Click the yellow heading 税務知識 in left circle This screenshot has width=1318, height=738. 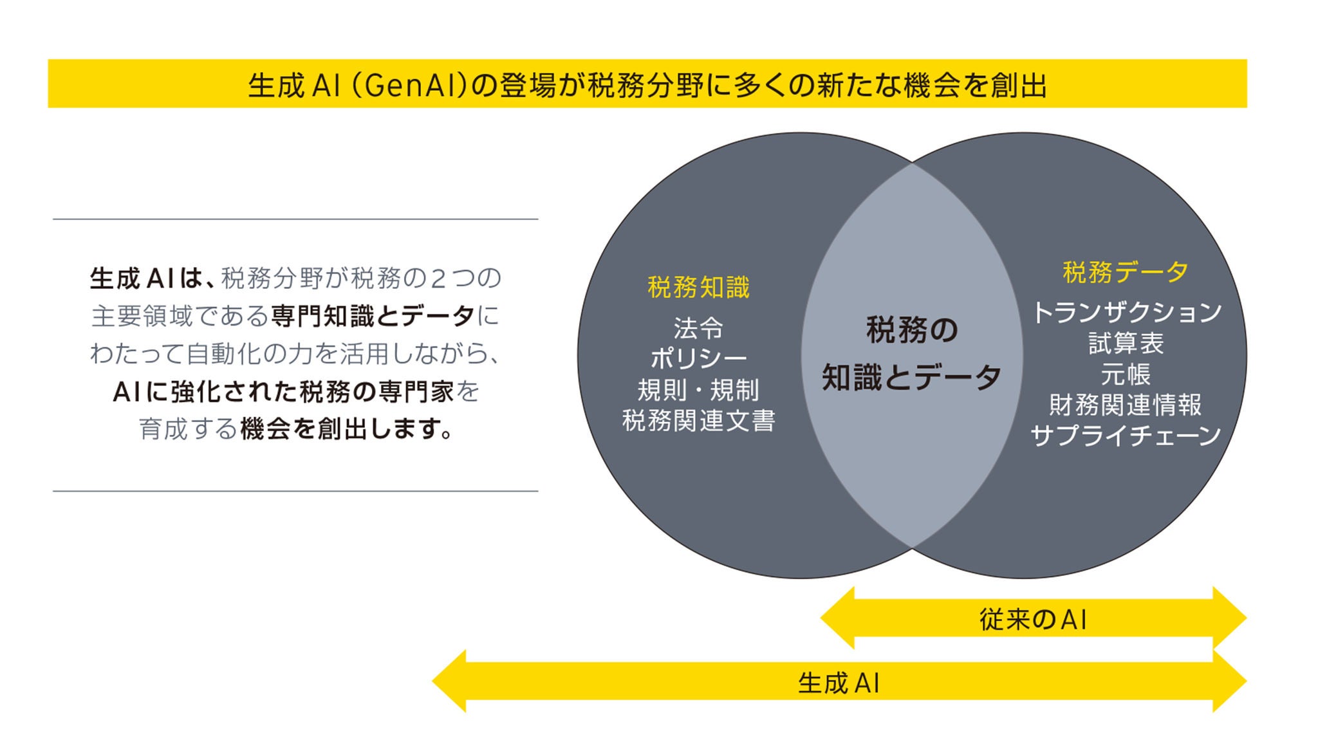coord(698,287)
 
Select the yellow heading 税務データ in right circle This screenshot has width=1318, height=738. coord(1125,272)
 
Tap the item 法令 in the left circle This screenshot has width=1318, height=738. coord(698,328)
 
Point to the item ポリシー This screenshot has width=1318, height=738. coord(698,358)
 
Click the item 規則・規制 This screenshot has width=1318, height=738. coord(698,390)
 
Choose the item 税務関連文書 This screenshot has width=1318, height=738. coord(698,421)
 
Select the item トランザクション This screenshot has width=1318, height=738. coord(1126,312)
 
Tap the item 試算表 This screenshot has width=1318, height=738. coord(1126,343)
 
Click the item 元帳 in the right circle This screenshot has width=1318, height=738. coord(1126,374)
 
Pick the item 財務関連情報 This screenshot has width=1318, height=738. coord(1126,405)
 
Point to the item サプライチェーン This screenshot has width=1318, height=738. coord(1126,436)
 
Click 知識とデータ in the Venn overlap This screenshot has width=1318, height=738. coord(911,378)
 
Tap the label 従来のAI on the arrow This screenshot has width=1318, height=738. coord(1033,619)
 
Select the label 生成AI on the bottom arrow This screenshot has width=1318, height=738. coord(839,683)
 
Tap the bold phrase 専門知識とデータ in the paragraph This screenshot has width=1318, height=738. coord(373,316)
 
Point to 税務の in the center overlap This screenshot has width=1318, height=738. coord(911,330)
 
